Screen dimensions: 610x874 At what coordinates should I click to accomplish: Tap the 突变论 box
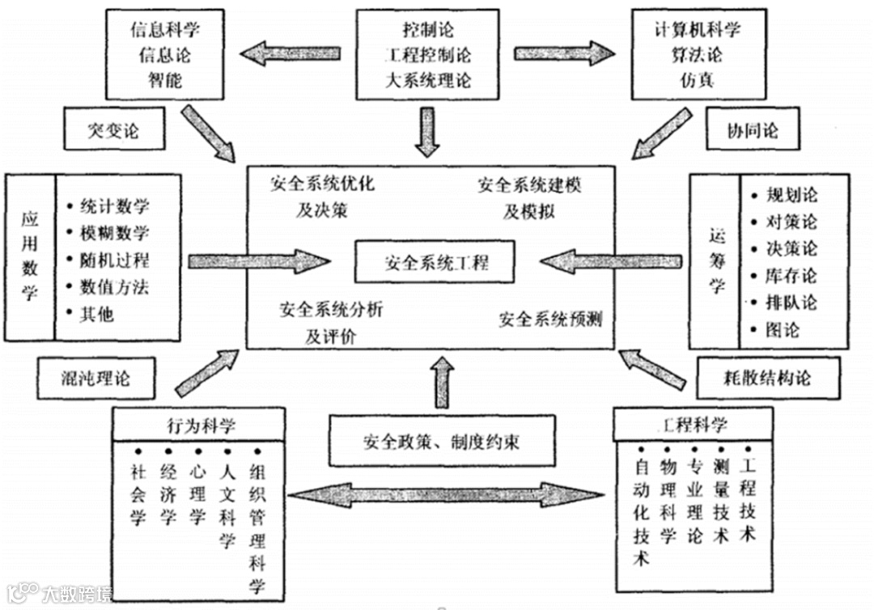click(112, 131)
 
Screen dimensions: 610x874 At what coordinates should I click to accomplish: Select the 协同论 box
click(753, 130)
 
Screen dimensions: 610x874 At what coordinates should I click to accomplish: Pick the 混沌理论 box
click(95, 377)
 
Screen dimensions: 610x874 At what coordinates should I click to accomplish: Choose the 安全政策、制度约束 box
click(441, 442)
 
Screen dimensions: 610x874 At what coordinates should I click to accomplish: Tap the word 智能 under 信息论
click(165, 80)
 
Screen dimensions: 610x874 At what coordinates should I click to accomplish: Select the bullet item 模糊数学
click(114, 234)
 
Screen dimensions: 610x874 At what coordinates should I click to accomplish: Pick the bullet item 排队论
click(791, 303)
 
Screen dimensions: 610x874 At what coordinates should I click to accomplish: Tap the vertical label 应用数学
click(30, 257)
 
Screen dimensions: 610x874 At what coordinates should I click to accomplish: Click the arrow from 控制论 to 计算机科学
click(563, 54)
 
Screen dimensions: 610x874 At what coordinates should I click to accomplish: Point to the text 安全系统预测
click(550, 319)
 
